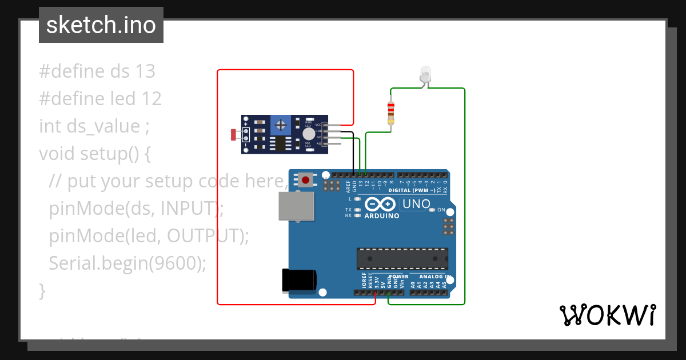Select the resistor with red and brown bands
pyautogui.click(x=391, y=113)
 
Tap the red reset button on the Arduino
pyautogui.click(x=306, y=181)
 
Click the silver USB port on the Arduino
pyautogui.click(x=296, y=206)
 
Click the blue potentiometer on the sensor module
pyautogui.click(x=280, y=125)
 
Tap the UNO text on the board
pyautogui.click(x=416, y=204)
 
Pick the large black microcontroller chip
pyautogui.click(x=402, y=258)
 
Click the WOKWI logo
pyautogui.click(x=607, y=315)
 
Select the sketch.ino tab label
pyautogui.click(x=101, y=25)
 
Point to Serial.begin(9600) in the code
pyautogui.click(x=127, y=263)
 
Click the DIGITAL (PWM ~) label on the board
pyautogui.click(x=416, y=190)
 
